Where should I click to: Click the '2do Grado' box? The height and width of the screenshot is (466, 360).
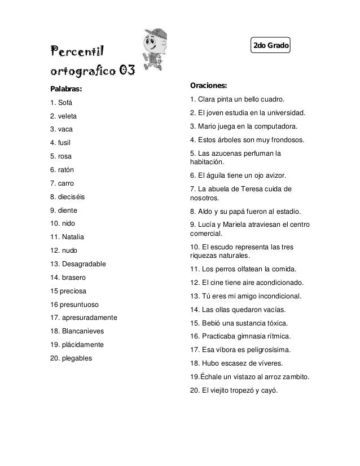click(x=270, y=45)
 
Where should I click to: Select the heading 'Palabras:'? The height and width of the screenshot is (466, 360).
click(x=66, y=89)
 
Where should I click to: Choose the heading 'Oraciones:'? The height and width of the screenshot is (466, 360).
click(x=209, y=86)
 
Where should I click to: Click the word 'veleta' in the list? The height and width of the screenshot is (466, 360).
click(x=68, y=116)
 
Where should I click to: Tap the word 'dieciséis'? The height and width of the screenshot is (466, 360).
click(x=72, y=197)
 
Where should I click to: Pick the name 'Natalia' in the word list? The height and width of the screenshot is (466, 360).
click(x=73, y=237)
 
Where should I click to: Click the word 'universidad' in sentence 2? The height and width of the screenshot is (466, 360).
click(x=284, y=112)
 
